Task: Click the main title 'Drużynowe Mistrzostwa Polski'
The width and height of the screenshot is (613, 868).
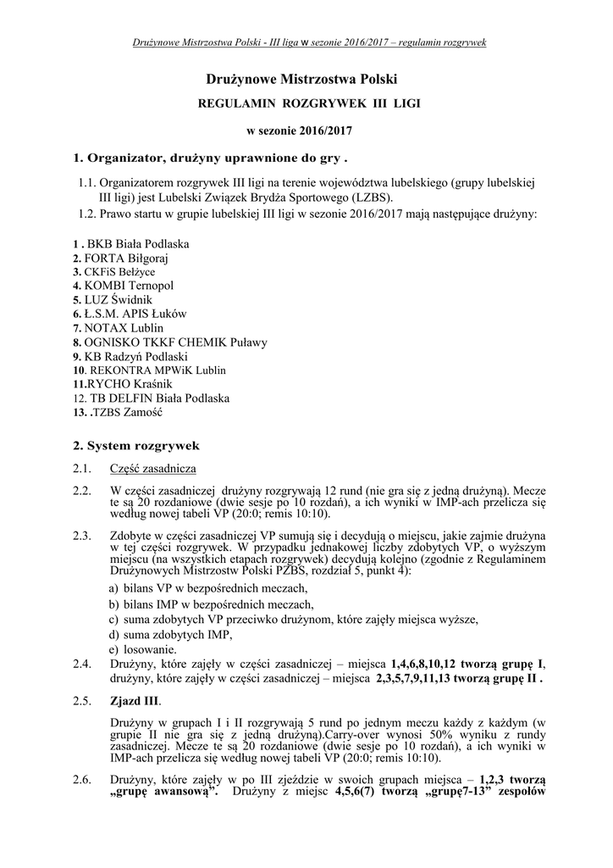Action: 301,80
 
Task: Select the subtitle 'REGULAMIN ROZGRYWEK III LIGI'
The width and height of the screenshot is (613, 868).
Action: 308,104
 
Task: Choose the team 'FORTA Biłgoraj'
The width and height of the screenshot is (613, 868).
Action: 125,258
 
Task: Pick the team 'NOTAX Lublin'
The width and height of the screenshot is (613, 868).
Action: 123,327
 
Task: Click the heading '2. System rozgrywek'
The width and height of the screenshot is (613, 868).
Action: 136,444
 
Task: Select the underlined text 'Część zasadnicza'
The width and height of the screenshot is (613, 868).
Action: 153,468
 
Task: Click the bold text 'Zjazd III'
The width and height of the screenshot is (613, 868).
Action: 135,701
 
